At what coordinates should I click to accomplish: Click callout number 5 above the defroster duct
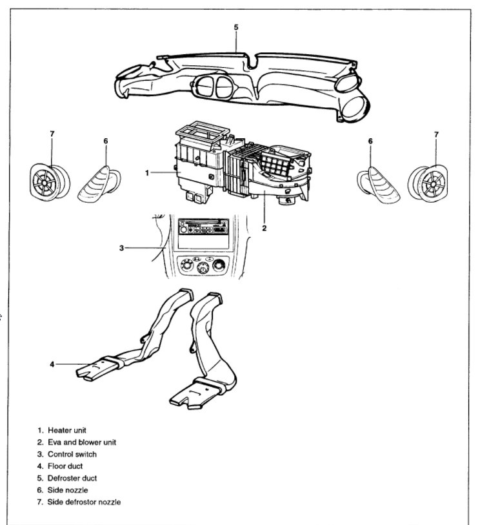(236, 28)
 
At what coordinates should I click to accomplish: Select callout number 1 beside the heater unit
(147, 173)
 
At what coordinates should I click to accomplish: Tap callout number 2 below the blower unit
(264, 227)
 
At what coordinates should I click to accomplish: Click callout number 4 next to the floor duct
(52, 364)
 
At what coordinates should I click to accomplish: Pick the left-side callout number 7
(52, 134)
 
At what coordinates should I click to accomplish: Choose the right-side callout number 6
(371, 140)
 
